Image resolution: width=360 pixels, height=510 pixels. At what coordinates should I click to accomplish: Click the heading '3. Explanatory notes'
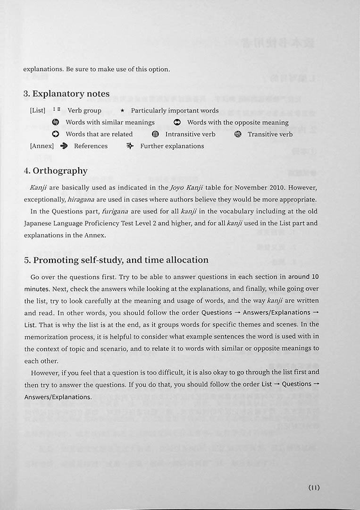point(67,94)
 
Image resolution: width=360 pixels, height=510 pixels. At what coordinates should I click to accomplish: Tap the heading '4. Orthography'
point(56,171)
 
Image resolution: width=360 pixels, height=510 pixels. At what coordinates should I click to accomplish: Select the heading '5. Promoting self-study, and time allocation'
point(116,260)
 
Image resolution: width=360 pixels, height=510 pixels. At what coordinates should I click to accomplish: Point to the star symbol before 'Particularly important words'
point(122,110)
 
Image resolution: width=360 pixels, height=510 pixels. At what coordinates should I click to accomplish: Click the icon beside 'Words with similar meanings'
point(56,122)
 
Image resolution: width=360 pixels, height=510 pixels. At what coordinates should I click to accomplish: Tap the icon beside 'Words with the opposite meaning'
point(177,122)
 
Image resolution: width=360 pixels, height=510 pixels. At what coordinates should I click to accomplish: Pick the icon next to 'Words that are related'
point(56,134)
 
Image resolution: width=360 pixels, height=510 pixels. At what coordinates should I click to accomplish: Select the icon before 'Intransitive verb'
point(156,134)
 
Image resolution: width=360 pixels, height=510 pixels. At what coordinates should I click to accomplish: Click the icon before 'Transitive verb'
point(238,134)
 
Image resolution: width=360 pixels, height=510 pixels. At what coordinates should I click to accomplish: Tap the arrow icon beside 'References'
point(64,146)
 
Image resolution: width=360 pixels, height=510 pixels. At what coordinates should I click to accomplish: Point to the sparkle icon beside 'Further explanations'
point(130,146)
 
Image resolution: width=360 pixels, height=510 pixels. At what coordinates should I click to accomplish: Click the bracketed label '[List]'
point(38,110)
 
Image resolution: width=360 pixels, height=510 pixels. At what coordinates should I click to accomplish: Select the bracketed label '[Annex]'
point(42,146)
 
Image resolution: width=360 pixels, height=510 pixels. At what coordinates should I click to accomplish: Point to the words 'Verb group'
point(84,110)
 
